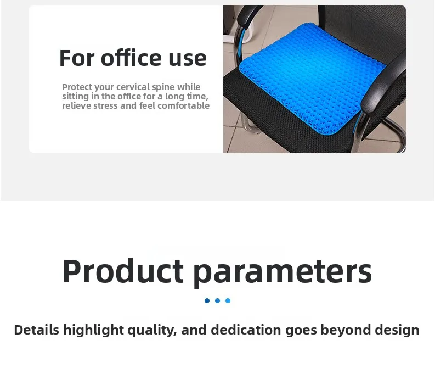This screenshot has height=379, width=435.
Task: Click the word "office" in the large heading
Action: [x=131, y=58]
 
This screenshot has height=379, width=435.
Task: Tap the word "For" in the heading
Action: [x=77, y=58]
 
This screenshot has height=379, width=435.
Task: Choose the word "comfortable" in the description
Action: [x=183, y=105]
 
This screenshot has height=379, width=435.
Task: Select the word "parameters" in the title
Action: [x=283, y=273]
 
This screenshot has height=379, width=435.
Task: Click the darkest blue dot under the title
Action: [x=207, y=300]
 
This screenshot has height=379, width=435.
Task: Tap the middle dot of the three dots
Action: [x=217, y=300]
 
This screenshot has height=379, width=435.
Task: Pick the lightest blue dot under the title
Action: [x=228, y=300]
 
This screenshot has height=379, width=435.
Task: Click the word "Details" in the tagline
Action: [x=37, y=330]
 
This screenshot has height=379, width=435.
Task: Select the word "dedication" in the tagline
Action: [x=246, y=330]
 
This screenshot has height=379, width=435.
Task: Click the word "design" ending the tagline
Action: [x=397, y=330]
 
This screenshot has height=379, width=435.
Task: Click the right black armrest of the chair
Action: [x=384, y=83]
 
